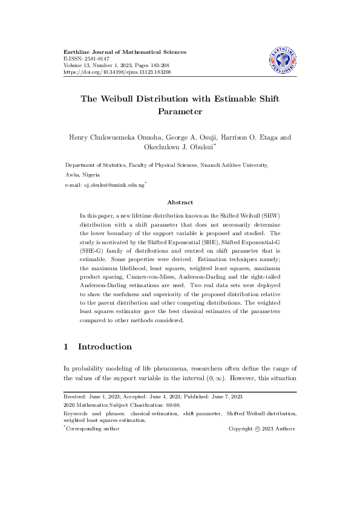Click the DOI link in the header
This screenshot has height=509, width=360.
(117, 72)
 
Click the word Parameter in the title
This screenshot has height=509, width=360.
(180, 112)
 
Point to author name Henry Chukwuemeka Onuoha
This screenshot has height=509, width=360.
(114, 137)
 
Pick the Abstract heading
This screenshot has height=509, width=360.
(180, 203)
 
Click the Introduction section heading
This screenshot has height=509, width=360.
(105, 347)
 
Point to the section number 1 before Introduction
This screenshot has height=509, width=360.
(67, 347)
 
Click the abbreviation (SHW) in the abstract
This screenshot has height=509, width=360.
(283, 215)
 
